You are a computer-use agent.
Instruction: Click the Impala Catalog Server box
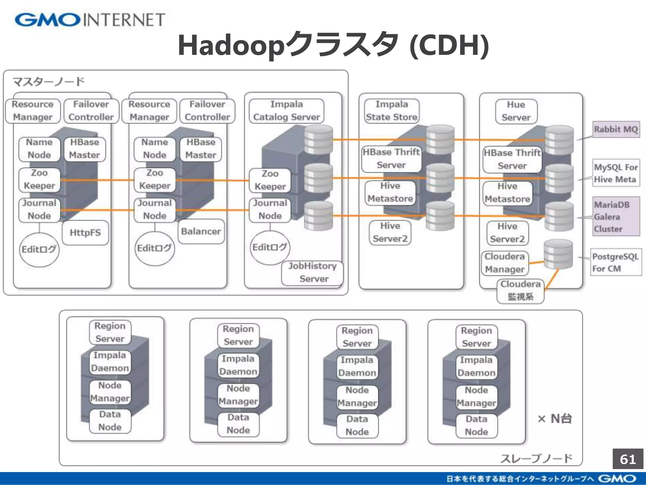point(286,111)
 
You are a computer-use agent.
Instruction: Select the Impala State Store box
point(391,111)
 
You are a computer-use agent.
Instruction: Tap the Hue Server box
point(516,111)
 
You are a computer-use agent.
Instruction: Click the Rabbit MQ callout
point(616,129)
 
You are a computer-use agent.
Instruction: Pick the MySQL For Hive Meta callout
point(616,173)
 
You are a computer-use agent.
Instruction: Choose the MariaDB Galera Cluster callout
point(616,217)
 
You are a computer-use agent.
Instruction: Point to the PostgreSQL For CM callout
point(616,262)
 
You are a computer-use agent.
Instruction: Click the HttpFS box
point(85,233)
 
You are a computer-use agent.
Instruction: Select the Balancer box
point(201,231)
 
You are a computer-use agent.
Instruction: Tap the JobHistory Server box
point(312,272)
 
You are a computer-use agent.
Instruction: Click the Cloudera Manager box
point(505,263)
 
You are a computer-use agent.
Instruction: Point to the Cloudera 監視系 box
point(520,291)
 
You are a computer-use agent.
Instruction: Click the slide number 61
point(628,459)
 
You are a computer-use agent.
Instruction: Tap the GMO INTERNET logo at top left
point(90,20)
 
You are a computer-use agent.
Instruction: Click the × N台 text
point(555,419)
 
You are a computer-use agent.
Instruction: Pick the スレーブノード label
point(536,458)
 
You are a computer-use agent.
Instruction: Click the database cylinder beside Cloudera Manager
point(558,254)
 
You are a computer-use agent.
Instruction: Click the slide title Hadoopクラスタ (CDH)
point(333,45)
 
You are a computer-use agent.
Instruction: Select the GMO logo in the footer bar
point(617,479)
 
